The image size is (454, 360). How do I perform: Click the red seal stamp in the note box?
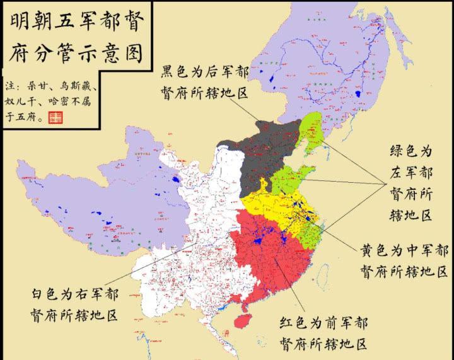click(56, 117)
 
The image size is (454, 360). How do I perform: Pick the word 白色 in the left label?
click(46, 293)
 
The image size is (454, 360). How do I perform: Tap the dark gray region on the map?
click(265, 154)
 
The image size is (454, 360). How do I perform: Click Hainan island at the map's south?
click(244, 319)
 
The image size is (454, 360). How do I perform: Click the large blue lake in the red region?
click(257, 240)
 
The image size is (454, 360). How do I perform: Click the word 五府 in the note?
click(27, 116)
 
